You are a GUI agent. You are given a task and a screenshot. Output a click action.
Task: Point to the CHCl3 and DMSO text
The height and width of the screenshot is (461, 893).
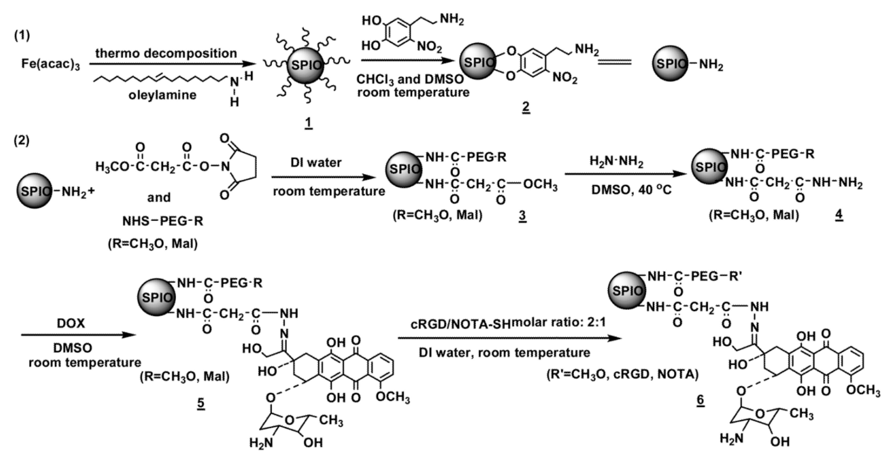[410, 79]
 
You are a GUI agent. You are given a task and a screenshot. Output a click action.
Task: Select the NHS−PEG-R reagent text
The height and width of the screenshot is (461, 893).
[163, 221]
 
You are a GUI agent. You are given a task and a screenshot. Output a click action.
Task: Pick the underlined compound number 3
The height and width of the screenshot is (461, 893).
[522, 215]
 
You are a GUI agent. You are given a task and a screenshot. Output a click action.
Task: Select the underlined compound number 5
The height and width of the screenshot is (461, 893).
[201, 403]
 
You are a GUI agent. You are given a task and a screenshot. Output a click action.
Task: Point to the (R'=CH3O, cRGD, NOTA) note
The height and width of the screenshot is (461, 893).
[622, 374]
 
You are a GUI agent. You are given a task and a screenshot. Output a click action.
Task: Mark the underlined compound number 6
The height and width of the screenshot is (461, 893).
[700, 399]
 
